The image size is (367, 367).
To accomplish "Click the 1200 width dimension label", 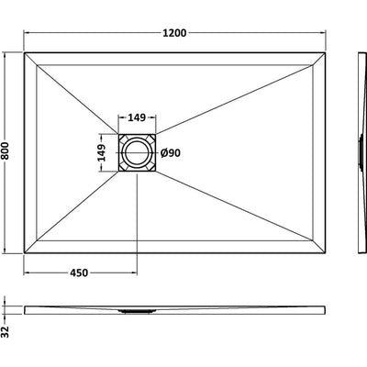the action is click(174, 33).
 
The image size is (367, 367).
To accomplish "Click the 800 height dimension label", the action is click(6, 150).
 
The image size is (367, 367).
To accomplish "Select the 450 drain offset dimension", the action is click(79, 272).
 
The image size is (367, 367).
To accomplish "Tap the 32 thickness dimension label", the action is click(6, 331).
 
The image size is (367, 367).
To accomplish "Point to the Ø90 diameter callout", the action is click(171, 152).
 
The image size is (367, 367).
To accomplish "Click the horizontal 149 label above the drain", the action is click(137, 117).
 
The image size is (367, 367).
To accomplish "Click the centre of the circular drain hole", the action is click(137, 152).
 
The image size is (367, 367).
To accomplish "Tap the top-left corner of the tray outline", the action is click(24, 53).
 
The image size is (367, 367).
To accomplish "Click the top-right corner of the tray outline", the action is click(325, 53).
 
